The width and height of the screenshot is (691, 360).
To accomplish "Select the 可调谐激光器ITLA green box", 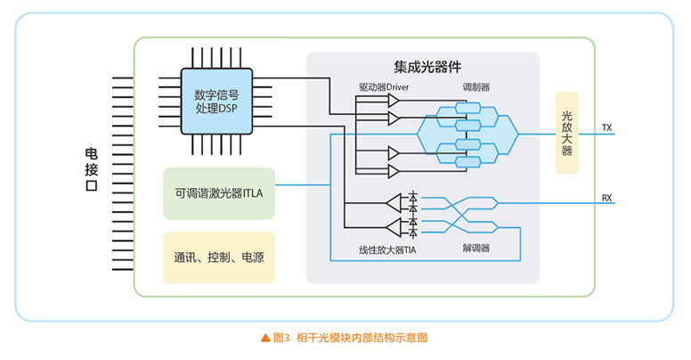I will point(219,192).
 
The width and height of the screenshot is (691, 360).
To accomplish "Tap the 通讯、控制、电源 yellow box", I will point(219,258).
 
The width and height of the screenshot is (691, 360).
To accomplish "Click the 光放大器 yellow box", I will point(566,133).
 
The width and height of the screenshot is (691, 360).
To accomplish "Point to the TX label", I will point(607,127).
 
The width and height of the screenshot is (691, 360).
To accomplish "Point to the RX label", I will point(607,198).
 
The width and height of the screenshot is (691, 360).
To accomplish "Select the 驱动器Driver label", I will point(384,87).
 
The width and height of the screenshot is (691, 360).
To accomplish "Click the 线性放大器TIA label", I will point(387,250).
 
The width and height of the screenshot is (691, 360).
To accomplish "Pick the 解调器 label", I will point(476,250).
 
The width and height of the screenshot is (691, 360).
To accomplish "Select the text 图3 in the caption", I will point(281,339).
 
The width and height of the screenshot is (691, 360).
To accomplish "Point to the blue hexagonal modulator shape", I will point(467,134).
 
